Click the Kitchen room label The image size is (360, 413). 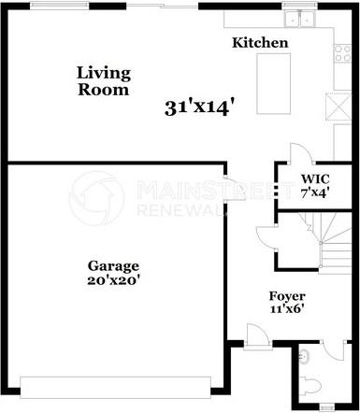(259, 43)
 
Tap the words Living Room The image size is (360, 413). (103, 80)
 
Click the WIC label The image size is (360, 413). (311, 178)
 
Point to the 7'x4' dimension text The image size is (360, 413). (313, 192)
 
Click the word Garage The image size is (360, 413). (114, 265)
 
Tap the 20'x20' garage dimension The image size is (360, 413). (114, 279)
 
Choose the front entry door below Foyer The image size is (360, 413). (255, 335)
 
